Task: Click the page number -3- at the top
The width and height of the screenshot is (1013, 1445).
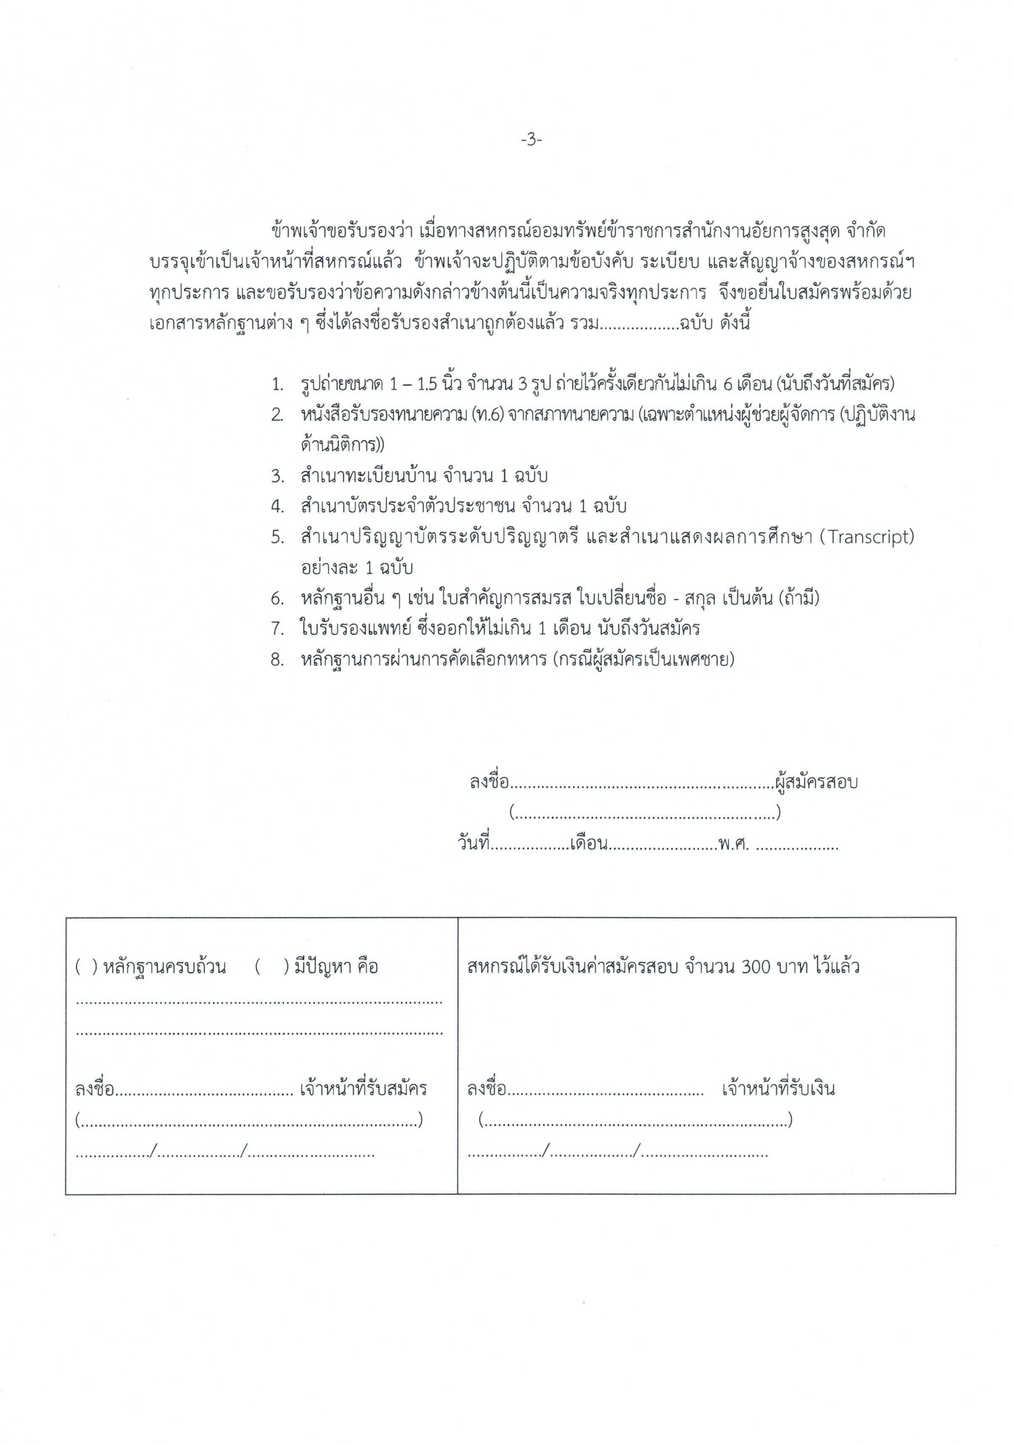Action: pos(531,140)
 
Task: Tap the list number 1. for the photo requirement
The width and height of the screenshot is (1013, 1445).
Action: pos(278,384)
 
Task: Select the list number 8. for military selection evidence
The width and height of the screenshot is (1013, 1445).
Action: pos(278,660)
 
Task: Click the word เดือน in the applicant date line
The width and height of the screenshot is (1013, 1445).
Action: pos(588,844)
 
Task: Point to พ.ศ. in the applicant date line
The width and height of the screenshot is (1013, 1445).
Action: pos(733,844)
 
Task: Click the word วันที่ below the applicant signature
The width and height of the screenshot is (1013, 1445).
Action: pos(473,844)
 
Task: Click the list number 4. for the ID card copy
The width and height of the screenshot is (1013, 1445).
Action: pos(278,507)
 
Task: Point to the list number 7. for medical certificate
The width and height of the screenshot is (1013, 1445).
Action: pos(278,628)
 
